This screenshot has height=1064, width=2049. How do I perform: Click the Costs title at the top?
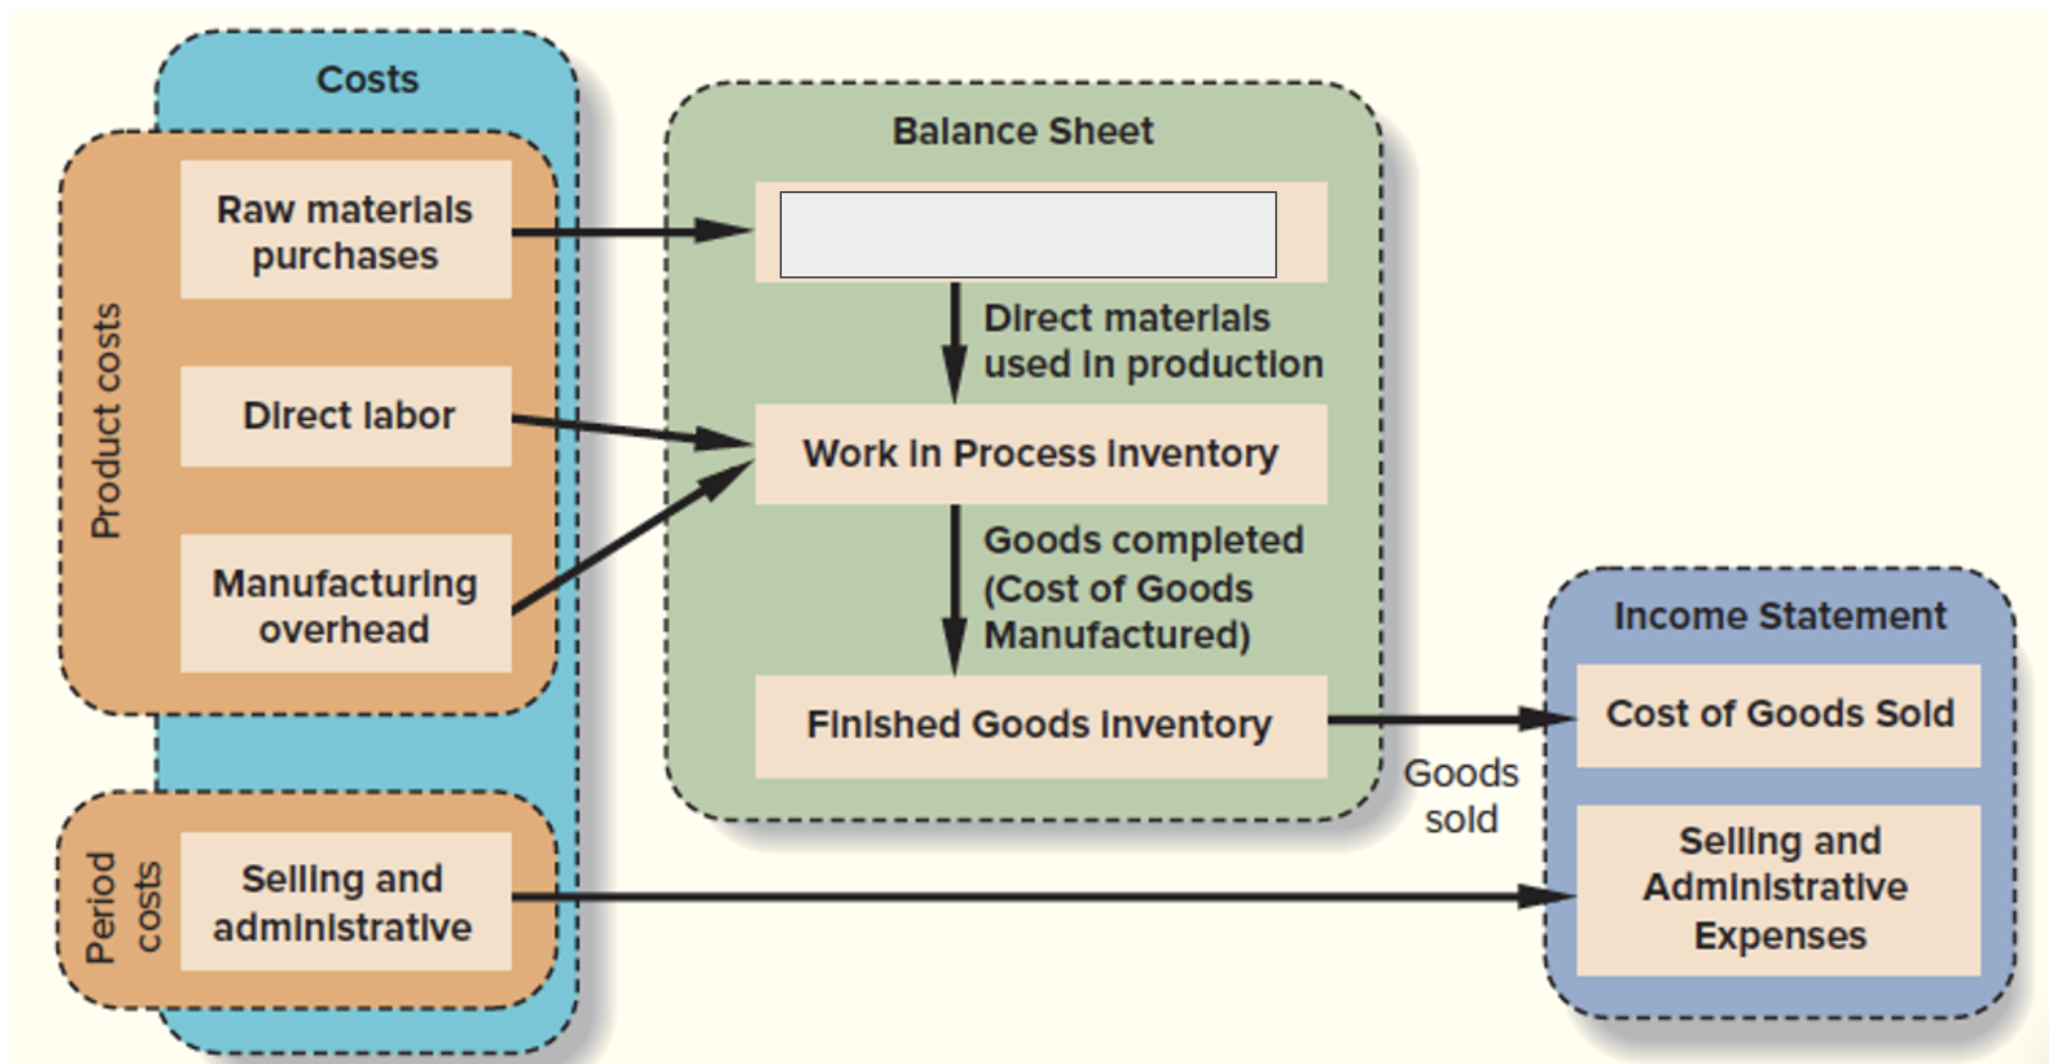point(368,79)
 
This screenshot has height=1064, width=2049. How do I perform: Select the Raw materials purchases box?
point(346,231)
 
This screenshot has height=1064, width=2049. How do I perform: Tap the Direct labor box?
point(347,416)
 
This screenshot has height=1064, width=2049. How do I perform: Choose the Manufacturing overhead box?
point(346,604)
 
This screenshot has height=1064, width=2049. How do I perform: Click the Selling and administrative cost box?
point(344,903)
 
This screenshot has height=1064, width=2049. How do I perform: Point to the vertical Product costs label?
point(106,421)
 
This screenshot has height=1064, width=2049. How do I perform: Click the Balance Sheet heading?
point(1023,131)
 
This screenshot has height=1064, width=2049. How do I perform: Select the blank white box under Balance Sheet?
point(1027,235)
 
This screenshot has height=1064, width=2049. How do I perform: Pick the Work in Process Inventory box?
point(1040,454)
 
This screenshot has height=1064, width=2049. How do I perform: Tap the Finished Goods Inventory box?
point(1040,725)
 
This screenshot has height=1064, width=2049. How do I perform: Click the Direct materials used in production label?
point(1152,341)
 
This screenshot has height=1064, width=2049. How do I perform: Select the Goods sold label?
point(1460,796)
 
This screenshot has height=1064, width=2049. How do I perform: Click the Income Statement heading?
point(1779,616)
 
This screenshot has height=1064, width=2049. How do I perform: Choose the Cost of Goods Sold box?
point(1779,714)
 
